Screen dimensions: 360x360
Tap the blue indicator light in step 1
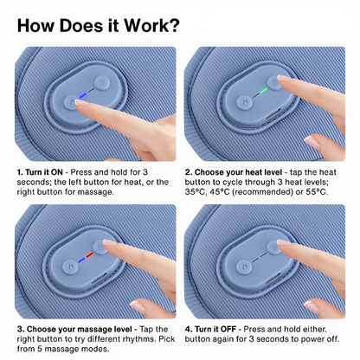click(x=83, y=95)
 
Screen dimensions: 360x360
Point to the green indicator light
click(x=263, y=91)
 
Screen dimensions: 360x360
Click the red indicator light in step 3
click(x=90, y=255)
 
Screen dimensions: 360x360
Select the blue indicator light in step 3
click(x=81, y=260)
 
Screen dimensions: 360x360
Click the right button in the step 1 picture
click(x=102, y=83)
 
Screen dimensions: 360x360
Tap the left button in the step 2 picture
click(x=244, y=103)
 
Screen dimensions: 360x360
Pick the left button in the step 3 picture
click(x=70, y=267)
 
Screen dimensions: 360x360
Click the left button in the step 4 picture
click(x=244, y=267)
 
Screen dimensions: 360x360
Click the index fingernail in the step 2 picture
click(x=284, y=78)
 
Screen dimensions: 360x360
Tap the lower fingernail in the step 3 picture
click(x=138, y=305)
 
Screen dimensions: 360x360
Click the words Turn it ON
click(x=44, y=172)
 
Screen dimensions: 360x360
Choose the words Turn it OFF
click(x=215, y=329)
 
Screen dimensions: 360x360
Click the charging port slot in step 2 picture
click(x=273, y=114)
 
